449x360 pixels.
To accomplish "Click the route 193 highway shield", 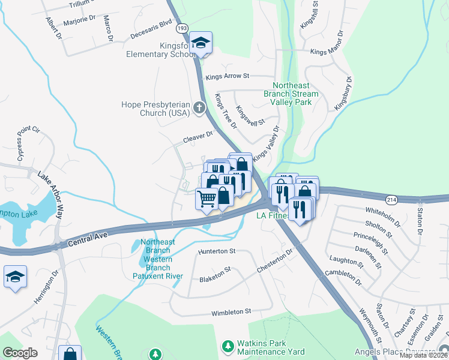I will pos(181,28).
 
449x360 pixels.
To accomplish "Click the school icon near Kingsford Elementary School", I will pos(200,43).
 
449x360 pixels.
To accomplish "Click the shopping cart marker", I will pos(207,198).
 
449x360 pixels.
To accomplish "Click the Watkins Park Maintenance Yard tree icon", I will pos(228,346).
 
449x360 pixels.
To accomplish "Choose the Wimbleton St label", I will pos(231,312).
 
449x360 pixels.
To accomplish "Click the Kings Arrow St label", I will pos(227,76).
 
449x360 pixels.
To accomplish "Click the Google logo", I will pos(20,353).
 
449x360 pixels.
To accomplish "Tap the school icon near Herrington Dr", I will pos(15,277).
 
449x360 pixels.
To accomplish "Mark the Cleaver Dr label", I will pos(194,138).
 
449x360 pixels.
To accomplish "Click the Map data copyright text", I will pos(423,355).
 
